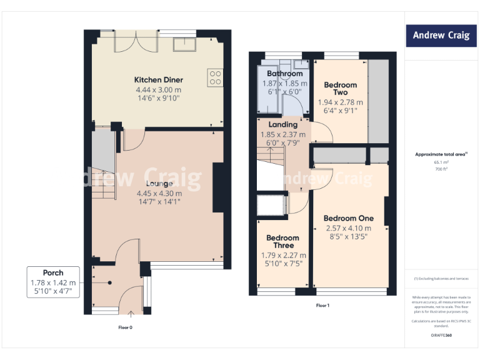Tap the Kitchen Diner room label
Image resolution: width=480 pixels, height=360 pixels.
[x=159, y=80]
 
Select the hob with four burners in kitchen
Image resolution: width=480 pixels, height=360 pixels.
[x=216, y=77]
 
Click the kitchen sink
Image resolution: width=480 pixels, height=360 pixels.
[x=186, y=44]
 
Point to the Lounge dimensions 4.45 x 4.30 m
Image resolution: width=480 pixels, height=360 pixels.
[x=159, y=194]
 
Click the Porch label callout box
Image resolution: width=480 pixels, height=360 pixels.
[x=53, y=282]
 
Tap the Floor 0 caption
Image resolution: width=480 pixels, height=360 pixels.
[x=126, y=327]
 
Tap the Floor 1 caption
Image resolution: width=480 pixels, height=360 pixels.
[x=322, y=305]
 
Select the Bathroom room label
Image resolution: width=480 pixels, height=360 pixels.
[x=284, y=74]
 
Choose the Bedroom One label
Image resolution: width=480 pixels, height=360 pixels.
[x=348, y=218]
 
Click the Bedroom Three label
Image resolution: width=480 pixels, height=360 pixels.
[x=283, y=241]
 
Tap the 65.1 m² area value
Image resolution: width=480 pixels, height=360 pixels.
[x=441, y=162]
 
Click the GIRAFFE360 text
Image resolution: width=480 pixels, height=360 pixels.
[x=441, y=336]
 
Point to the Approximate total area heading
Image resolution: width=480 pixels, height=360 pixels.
[x=441, y=154]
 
